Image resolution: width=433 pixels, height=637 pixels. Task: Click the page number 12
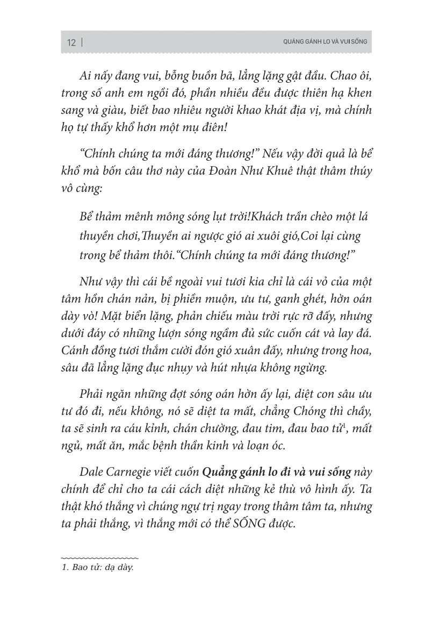(x=71, y=43)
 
